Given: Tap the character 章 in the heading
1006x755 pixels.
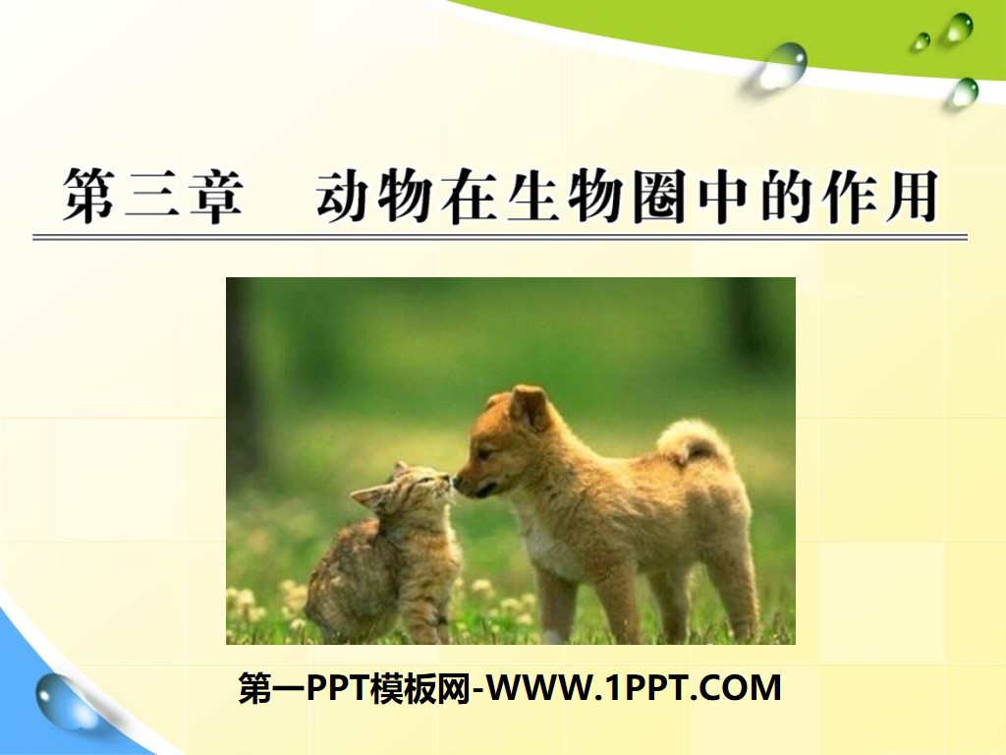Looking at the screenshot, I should pyautogui.click(x=212, y=197).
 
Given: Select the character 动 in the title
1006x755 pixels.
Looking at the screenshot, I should pyautogui.click(x=345, y=197).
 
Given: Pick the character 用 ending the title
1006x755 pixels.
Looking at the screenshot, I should pyautogui.click(x=909, y=197).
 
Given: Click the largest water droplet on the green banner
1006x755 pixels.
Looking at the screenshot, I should pyautogui.click(x=783, y=65).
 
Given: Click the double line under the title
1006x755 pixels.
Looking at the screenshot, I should pyautogui.click(x=500, y=237).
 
